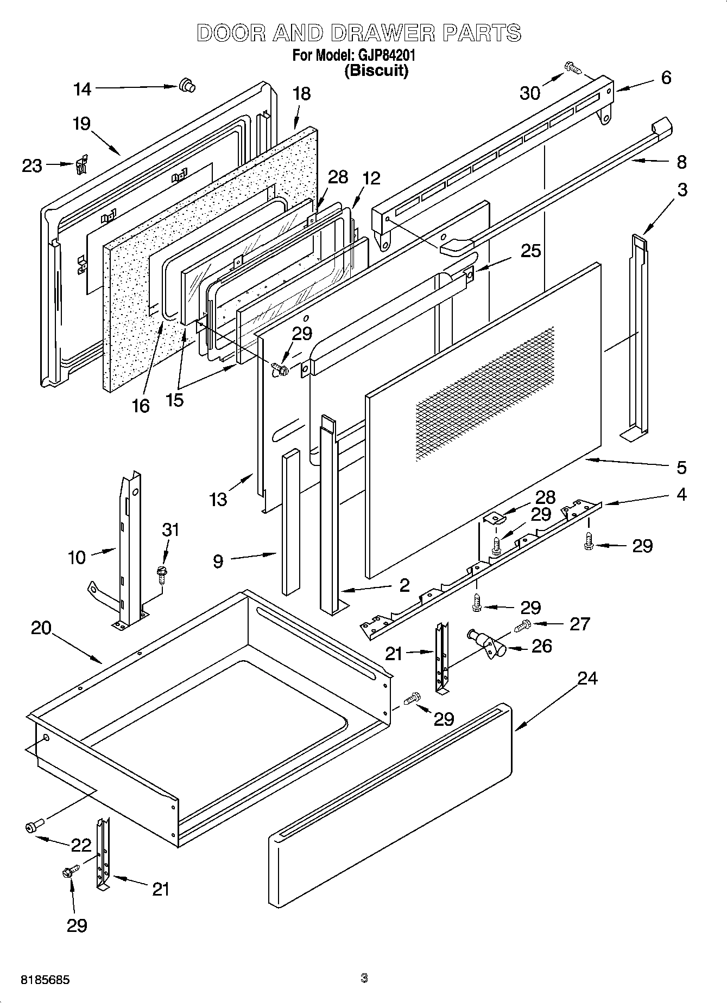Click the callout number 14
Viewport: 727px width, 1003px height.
83,89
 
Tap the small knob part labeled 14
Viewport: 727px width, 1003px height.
187,85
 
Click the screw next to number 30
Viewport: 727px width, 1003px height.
572,68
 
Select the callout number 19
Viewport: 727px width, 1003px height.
81,124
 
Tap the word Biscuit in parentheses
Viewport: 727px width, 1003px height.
376,71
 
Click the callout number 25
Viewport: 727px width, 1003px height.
530,251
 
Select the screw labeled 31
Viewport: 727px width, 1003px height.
161,574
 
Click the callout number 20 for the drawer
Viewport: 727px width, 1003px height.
41,628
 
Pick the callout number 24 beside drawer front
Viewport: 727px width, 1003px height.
587,678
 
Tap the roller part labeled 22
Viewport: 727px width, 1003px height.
33,827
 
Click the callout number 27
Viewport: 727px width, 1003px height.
579,624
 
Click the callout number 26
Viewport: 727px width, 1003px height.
542,646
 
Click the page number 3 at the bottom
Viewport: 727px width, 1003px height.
364,978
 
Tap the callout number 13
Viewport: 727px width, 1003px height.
218,499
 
